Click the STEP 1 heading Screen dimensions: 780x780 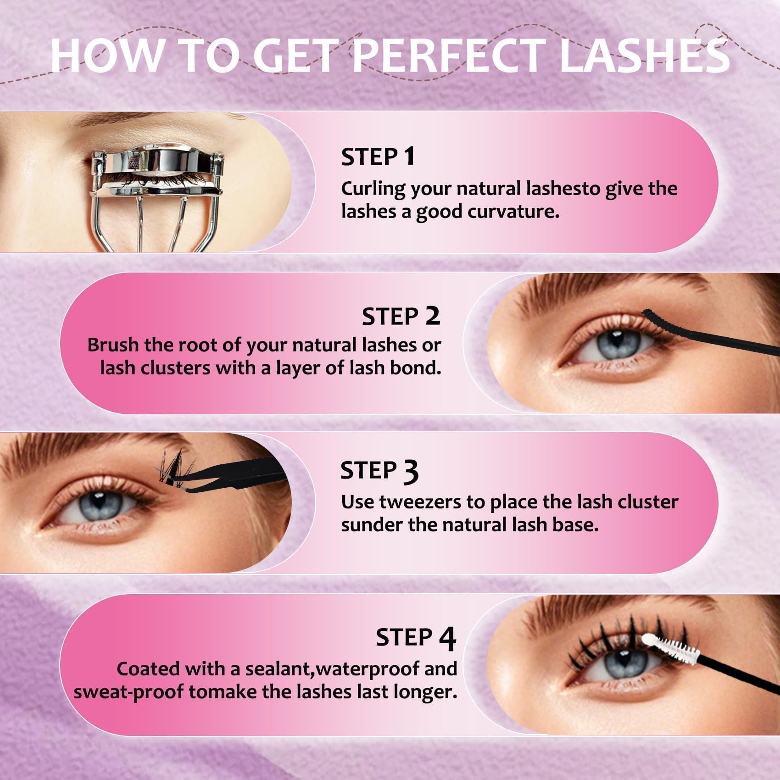pyautogui.click(x=378, y=156)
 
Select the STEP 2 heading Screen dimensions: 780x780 pyautogui.click(x=401, y=316)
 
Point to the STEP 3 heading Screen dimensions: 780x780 pyautogui.click(x=379, y=471)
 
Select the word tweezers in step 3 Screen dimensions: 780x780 pyautogui.click(x=419, y=502)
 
